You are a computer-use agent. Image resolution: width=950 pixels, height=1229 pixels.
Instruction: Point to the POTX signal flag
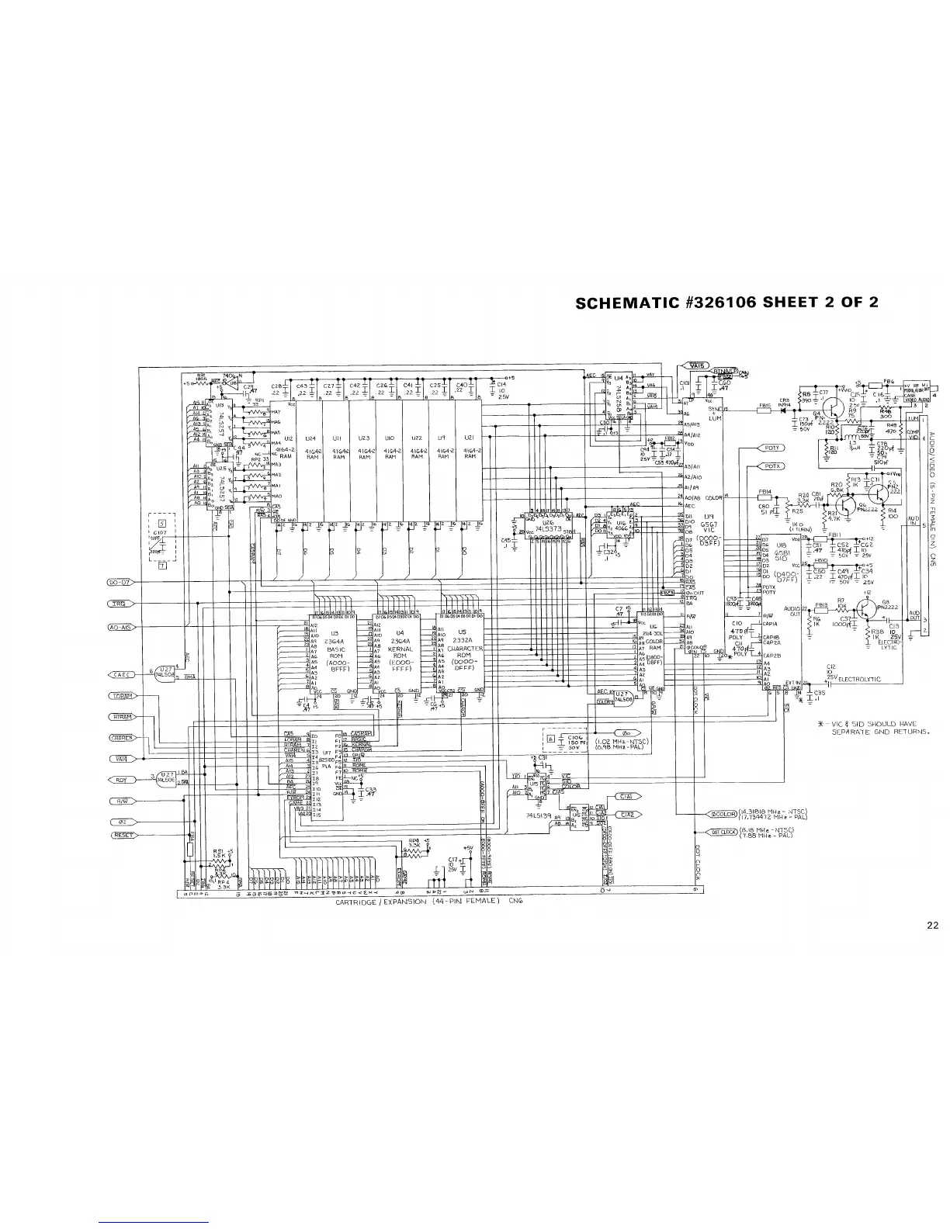[x=771, y=466]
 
